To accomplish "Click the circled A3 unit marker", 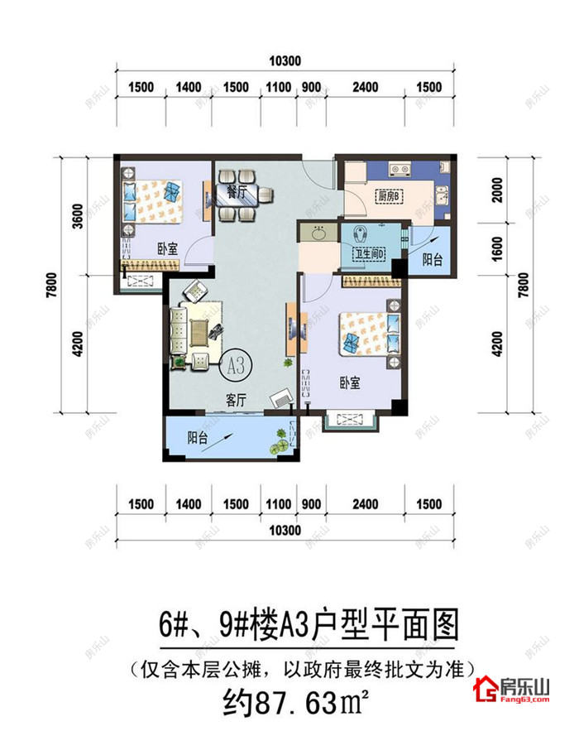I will tap(235, 362).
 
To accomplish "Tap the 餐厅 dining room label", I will tap(227, 188).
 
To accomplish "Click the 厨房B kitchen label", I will tap(388, 197).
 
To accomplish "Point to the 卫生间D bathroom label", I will tap(371, 255).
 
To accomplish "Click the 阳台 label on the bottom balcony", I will tap(198, 440).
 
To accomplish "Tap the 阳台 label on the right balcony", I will tap(432, 260).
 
